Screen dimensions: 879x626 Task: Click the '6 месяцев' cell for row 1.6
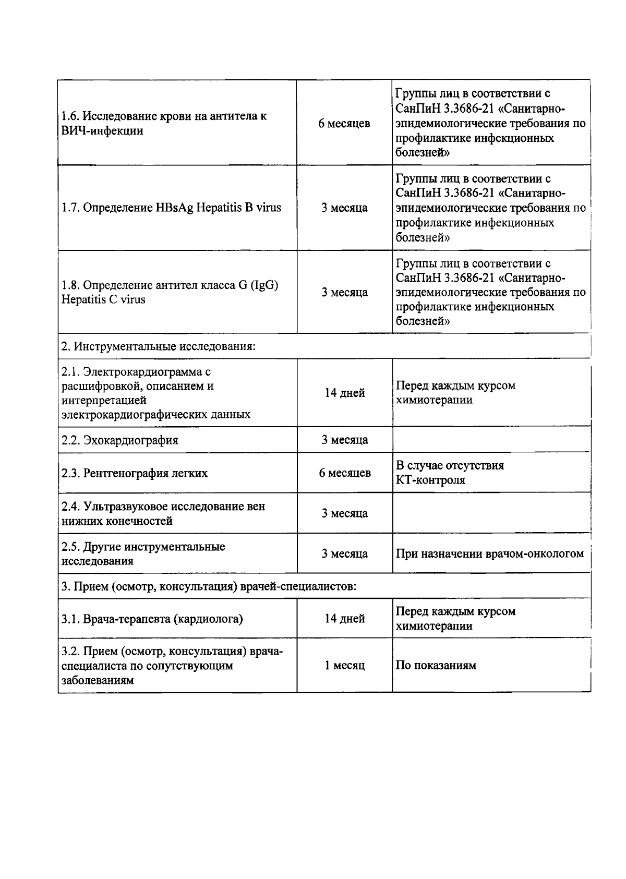[x=344, y=124]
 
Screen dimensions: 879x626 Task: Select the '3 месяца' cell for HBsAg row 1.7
[x=344, y=208]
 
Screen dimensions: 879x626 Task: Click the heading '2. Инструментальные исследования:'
[x=159, y=346]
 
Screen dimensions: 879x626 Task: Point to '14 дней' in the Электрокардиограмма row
[x=344, y=393]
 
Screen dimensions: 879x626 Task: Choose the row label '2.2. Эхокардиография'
[x=120, y=440]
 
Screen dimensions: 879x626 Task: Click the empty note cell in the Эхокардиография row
[x=490, y=440]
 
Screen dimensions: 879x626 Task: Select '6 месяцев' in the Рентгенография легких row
[x=344, y=473]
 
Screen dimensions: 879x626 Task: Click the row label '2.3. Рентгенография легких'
[x=135, y=473]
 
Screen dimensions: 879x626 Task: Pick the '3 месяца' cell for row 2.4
[x=344, y=513]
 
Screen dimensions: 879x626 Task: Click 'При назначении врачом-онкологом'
[x=489, y=553]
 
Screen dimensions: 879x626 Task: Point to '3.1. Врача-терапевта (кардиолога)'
[x=152, y=619]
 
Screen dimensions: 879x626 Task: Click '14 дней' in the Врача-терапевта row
[x=344, y=619]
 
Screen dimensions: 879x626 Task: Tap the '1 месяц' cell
[x=344, y=666]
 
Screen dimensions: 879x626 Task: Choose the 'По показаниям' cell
[x=436, y=666]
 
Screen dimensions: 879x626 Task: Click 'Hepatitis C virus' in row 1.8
[x=103, y=299]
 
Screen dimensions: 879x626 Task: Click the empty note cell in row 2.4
[x=490, y=513]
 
